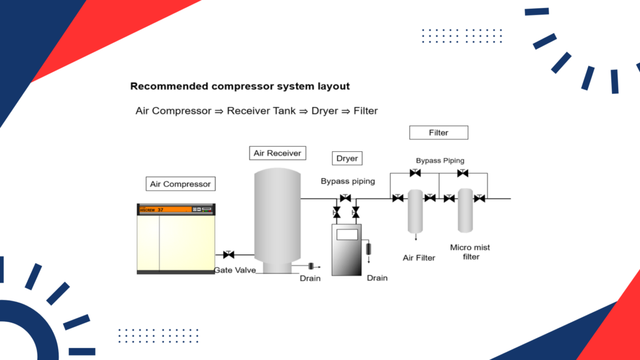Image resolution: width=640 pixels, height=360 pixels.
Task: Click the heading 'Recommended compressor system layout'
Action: coord(239,86)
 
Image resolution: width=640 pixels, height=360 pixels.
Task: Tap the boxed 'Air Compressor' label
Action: coord(181,184)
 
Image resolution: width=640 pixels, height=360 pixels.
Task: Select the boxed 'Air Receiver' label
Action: coord(277,152)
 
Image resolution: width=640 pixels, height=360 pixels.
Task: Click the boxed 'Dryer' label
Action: coord(347,158)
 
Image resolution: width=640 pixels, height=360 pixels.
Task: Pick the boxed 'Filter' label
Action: coord(438,132)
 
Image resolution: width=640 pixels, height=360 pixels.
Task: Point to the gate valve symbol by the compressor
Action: coord(228,254)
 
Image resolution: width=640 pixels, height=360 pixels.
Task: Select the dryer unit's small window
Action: coord(347,235)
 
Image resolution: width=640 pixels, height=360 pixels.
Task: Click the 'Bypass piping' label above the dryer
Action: coord(347,181)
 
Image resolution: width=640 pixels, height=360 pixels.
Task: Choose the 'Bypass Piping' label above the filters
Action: coord(440,161)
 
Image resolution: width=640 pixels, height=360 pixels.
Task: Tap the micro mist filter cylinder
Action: coord(464,209)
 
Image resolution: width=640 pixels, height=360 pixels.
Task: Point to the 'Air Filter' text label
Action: coord(419,257)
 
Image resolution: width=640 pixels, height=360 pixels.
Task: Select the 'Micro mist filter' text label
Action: coord(470,252)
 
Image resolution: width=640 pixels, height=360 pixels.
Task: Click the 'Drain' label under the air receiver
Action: coord(310,278)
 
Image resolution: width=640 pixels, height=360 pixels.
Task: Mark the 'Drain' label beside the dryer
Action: coord(377,278)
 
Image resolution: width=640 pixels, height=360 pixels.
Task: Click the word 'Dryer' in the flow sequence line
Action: coord(324,111)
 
